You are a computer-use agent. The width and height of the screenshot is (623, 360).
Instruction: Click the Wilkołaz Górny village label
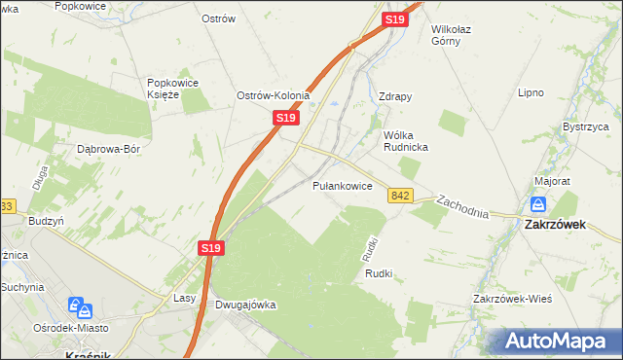458,36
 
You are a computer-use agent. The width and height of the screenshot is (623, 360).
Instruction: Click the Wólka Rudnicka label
407,140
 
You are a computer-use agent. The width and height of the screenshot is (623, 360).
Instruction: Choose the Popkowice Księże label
173,89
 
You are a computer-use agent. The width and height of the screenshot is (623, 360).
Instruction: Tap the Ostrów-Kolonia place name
274,95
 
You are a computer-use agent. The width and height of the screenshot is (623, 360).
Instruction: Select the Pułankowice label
342,185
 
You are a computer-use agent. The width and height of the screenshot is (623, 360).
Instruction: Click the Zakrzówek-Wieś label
512,299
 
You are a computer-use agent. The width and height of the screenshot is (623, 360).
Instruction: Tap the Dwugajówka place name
245,305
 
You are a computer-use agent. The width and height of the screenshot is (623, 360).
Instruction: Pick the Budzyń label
46,221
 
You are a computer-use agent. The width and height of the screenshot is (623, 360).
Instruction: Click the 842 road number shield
400,196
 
